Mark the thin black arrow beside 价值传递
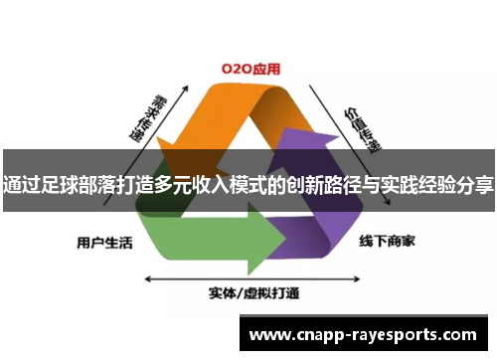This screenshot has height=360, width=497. (x=333, y=119)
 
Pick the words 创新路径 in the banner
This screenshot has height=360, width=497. (x=316, y=184)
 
